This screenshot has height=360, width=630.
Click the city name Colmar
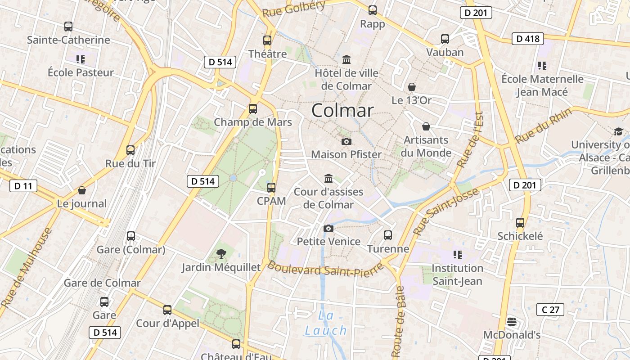pyautogui.click(x=342, y=111)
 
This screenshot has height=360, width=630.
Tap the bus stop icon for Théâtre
pyautogui.click(x=267, y=40)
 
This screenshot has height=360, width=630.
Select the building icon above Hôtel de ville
pyautogui.click(x=346, y=59)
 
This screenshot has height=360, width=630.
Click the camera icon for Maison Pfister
pyautogui.click(x=346, y=141)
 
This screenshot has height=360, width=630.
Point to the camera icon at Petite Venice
pyautogui.click(x=328, y=228)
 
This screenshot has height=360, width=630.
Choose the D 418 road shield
pyautogui.click(x=528, y=39)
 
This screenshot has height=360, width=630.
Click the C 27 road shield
pyautogui.click(x=550, y=310)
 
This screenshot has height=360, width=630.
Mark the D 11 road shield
pyautogui.click(x=23, y=185)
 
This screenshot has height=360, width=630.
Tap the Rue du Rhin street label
pyautogui.click(x=544, y=126)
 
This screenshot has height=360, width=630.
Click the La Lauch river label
pyautogui.click(x=325, y=323)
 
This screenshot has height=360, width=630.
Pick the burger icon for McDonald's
pyautogui.click(x=512, y=322)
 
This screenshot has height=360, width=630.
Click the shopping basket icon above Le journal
pyautogui.click(x=82, y=190)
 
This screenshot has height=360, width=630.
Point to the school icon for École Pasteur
pyautogui.click(x=81, y=59)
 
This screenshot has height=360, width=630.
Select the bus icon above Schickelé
pyautogui.click(x=520, y=222)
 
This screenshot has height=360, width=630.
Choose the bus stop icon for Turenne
pyautogui.click(x=388, y=235)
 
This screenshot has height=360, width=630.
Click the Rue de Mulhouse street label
pyautogui.click(x=27, y=268)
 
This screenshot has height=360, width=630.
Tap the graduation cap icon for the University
pyautogui.click(x=618, y=131)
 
